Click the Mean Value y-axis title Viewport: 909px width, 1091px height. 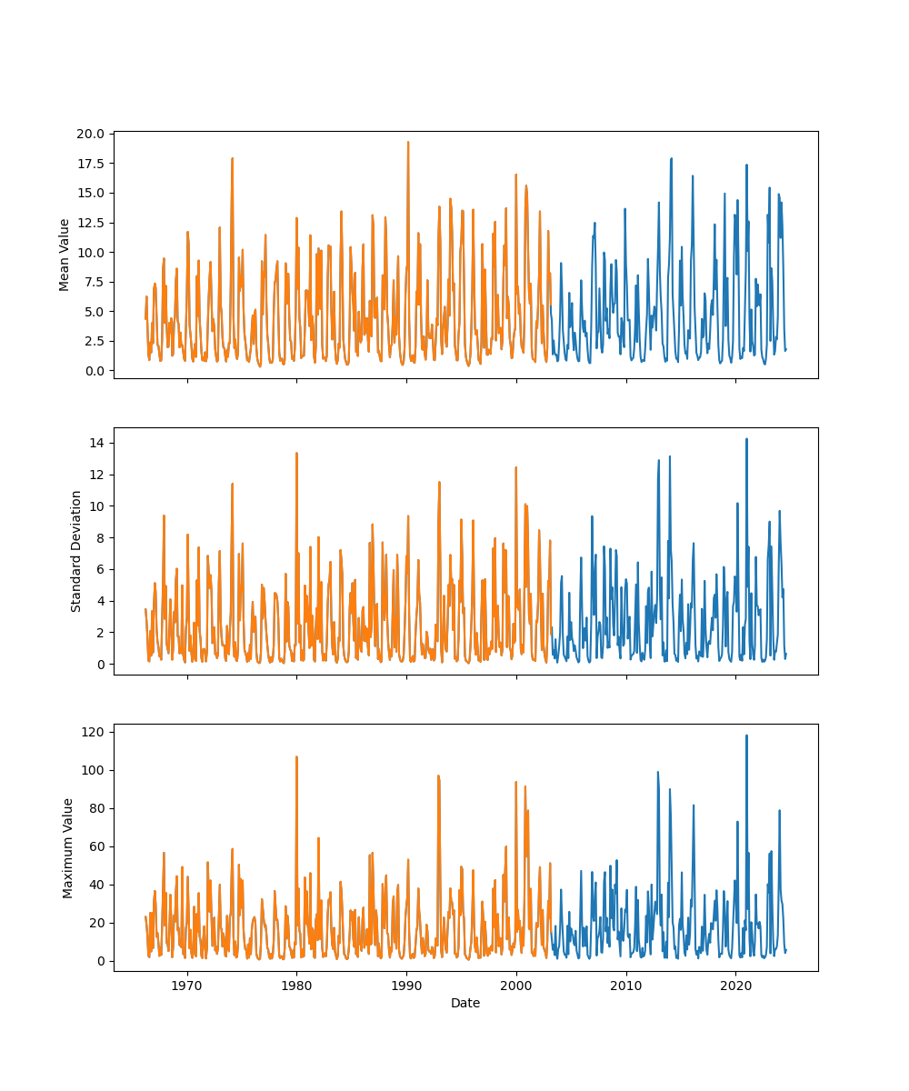click(x=65, y=255)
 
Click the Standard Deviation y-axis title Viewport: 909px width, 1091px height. click(x=76, y=551)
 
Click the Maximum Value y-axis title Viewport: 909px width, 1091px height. click(x=67, y=847)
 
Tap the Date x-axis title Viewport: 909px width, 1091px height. click(x=465, y=1003)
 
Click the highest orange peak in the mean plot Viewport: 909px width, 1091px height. click(x=408, y=142)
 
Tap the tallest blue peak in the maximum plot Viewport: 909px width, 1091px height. click(x=746, y=736)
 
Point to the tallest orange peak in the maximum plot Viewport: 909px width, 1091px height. click(x=296, y=756)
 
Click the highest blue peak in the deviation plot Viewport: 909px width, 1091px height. click(x=746, y=439)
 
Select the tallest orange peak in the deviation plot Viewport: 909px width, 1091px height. click(x=296, y=453)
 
